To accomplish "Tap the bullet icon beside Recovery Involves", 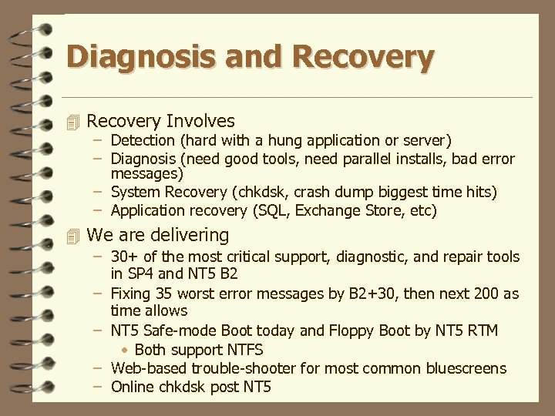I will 73,122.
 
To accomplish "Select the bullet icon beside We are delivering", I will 73,235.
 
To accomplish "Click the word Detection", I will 143,140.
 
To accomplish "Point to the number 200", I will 474,294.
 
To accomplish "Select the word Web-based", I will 149,368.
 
